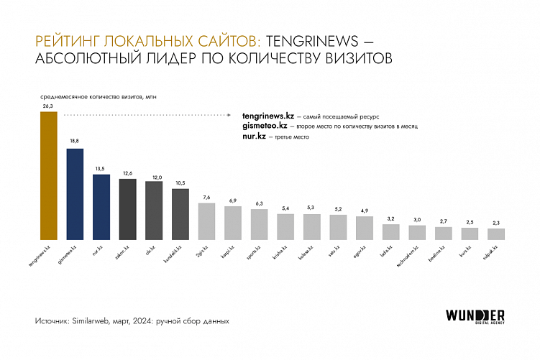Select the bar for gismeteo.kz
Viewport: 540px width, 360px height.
coord(75,194)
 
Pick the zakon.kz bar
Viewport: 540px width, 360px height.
coord(127,209)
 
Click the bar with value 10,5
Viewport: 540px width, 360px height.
coord(180,214)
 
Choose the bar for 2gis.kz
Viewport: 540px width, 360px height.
coord(206,221)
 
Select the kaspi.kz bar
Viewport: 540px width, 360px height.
coord(233,223)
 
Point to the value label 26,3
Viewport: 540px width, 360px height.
coord(48,106)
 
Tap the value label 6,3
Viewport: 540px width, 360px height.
coord(259,203)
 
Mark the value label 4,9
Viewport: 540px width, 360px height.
coord(365,211)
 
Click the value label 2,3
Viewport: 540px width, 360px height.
coord(496,223)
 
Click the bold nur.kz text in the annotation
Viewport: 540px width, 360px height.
coord(255,136)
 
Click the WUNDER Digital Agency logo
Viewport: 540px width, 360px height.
coord(475,317)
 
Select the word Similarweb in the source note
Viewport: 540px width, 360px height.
coord(88,321)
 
